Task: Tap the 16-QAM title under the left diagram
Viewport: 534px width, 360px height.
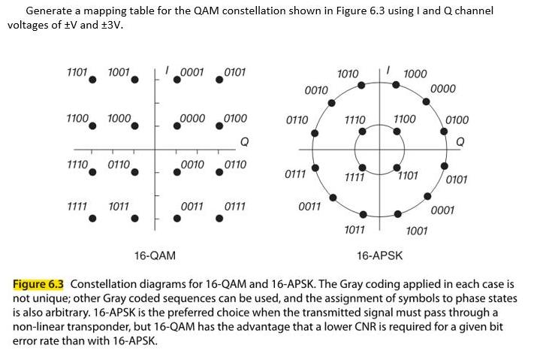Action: coord(155,256)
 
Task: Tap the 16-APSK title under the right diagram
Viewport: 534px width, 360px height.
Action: coord(379,256)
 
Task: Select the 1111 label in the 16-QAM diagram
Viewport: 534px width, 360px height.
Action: coord(77,205)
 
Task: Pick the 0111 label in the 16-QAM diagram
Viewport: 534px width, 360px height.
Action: coord(235,205)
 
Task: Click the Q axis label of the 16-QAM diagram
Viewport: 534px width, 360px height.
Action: coord(243,141)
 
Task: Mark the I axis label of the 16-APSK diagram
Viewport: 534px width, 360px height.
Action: coord(386,70)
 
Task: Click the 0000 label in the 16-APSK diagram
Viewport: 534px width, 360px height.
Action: coord(443,89)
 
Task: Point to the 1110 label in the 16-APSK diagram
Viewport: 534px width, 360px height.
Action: coord(354,119)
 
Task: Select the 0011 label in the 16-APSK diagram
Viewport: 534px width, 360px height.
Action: coord(310,206)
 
